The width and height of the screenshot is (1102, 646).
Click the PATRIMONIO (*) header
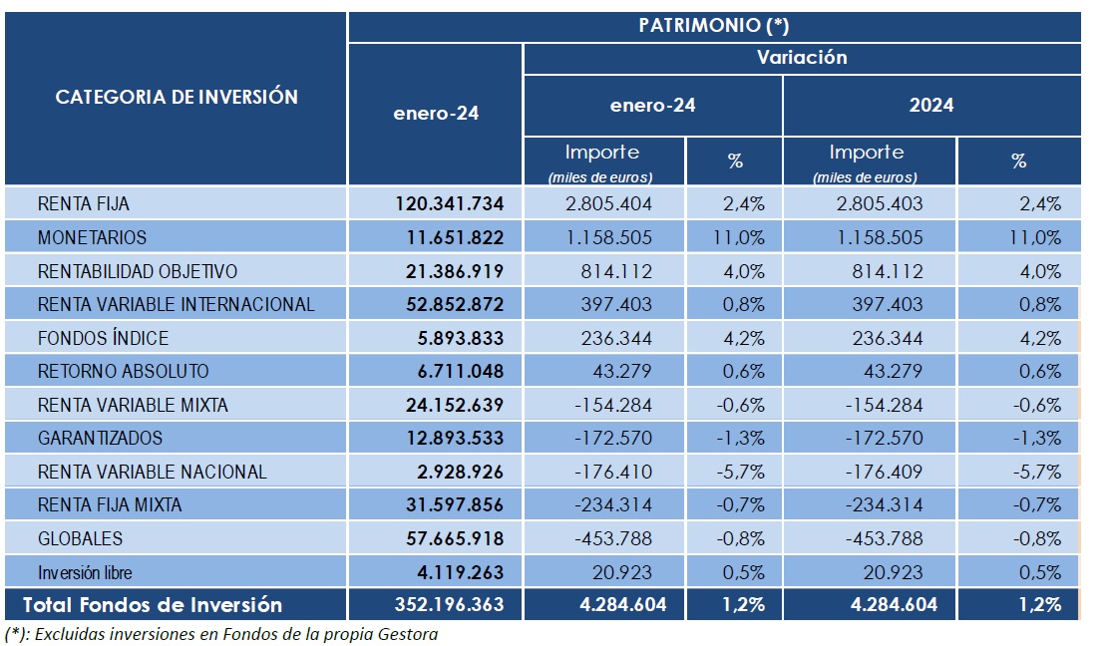pyautogui.click(x=713, y=26)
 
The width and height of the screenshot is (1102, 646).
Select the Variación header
pyautogui.click(x=802, y=58)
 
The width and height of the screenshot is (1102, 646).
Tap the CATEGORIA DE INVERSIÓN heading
pyautogui.click(x=177, y=97)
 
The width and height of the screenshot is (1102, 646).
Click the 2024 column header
pyautogui.click(x=931, y=105)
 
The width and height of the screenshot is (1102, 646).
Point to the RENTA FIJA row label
pyautogui.click(x=84, y=204)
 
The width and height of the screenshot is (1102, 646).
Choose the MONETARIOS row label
pyautogui.click(x=92, y=237)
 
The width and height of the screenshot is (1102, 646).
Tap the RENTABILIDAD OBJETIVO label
pyautogui.click(x=138, y=271)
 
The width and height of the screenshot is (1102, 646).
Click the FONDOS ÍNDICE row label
pyautogui.click(x=103, y=338)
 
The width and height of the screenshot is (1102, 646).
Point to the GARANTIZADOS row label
pyautogui.click(x=100, y=438)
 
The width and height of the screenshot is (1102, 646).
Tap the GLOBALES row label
pyautogui.click(x=80, y=538)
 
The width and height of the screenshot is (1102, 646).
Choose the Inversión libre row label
pyautogui.click(x=85, y=572)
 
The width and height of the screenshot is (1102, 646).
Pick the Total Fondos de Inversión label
pyautogui.click(x=153, y=604)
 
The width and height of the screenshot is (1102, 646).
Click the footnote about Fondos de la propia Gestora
pyautogui.click(x=221, y=633)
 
